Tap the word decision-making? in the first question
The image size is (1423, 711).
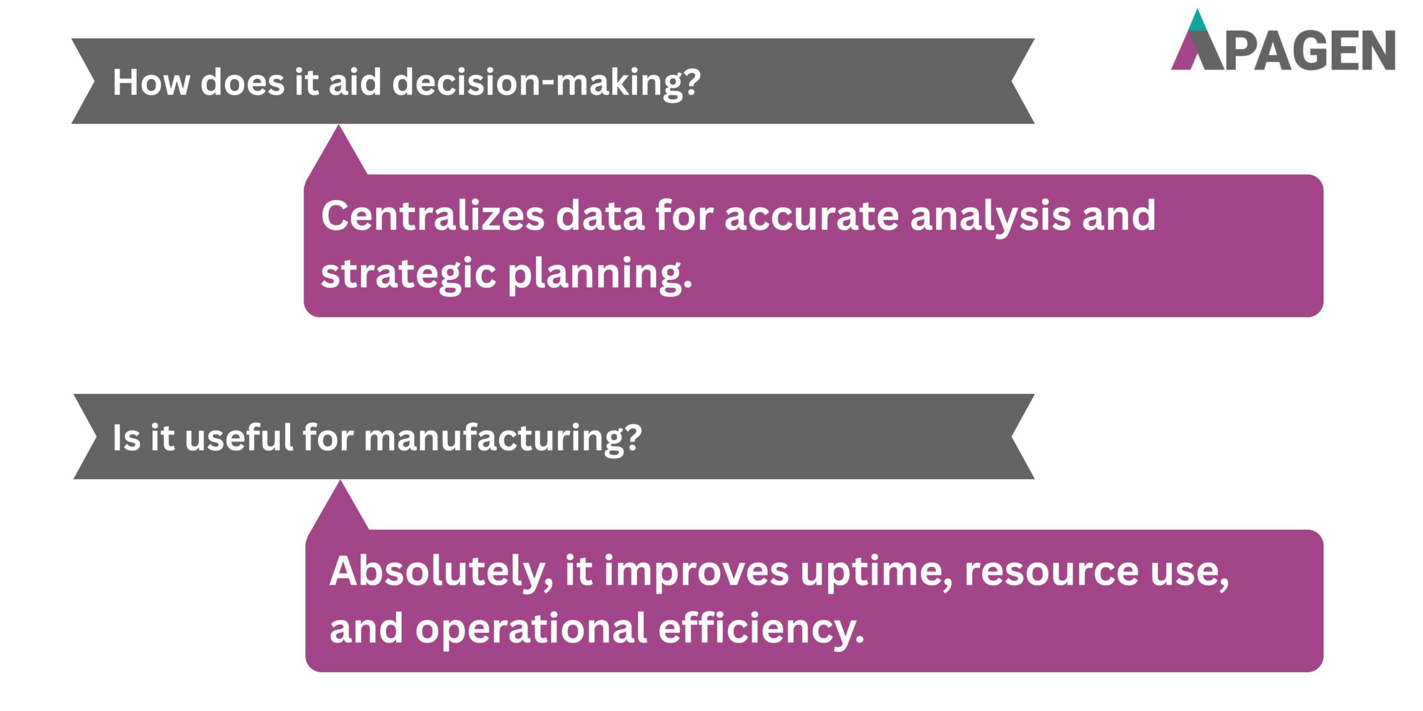546,82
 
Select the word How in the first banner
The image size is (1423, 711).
151,82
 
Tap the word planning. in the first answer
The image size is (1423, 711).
600,273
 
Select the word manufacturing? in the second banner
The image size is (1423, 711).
502,438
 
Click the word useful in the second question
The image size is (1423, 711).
239,438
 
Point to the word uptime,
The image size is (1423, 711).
876,572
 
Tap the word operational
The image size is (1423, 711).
531,629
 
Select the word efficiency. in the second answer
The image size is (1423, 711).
761,629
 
